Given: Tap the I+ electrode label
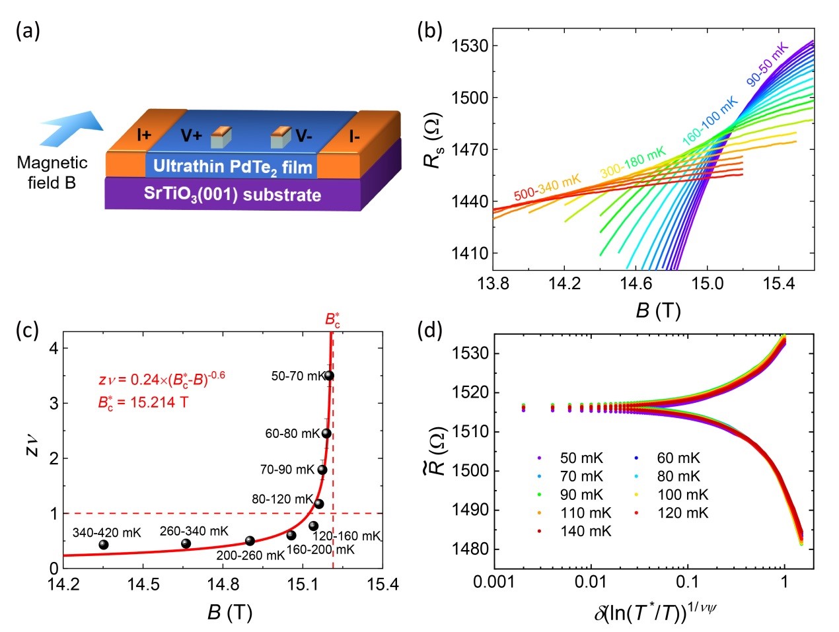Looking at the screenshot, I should click(x=144, y=135).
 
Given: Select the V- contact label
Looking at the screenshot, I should click(x=304, y=136).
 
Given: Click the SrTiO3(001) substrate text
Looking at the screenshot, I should click(x=233, y=194).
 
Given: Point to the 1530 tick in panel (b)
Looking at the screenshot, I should click(x=470, y=46).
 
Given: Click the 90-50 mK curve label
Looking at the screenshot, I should click(x=767, y=64).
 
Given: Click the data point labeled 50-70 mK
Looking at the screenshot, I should click(x=329, y=376).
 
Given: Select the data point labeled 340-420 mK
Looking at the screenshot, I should click(x=104, y=545).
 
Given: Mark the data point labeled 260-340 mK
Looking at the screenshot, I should click(x=186, y=544).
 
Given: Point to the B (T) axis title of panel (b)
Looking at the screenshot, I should click(x=658, y=310).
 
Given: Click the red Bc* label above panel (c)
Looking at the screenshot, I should click(x=332, y=320).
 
